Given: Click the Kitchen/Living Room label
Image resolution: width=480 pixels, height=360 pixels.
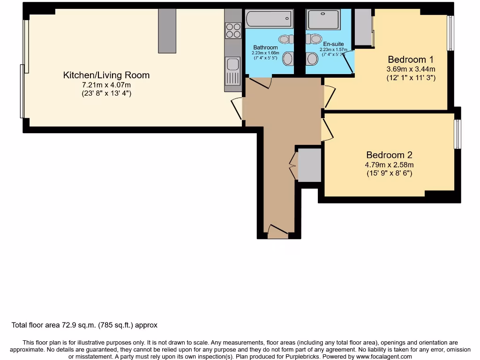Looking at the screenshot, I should pos(106,75).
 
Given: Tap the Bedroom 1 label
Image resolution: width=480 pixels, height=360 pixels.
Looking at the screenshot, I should pos(411,60).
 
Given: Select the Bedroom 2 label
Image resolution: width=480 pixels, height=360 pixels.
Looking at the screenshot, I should pos(389,155).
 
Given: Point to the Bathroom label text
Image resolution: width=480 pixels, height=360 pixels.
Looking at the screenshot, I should pos(265,47).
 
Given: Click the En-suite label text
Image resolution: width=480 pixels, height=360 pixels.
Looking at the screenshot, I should pos(333,44).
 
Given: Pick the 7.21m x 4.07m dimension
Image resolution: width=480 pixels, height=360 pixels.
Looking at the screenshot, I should pos(106,85).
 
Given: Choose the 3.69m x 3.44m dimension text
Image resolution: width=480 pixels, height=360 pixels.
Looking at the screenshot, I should pos(411,69).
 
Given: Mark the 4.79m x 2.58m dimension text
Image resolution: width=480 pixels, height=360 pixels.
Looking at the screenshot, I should pos(389,165).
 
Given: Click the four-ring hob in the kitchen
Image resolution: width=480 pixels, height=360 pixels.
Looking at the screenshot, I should pos(233,30).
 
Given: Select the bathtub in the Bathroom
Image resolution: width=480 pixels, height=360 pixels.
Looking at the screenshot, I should pos(269,19).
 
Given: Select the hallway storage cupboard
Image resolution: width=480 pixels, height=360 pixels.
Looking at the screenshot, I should pos(309,165).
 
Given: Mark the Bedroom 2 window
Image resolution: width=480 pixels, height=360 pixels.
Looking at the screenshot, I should pos(457,135).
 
